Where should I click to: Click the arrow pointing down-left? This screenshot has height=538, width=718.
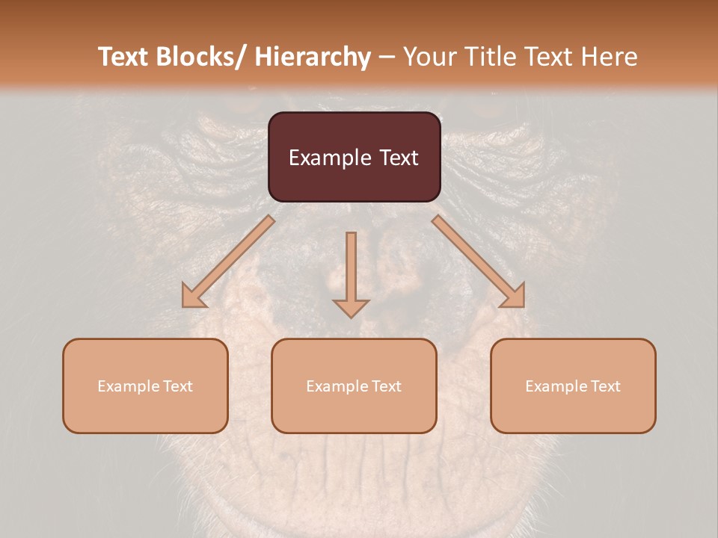[228, 262]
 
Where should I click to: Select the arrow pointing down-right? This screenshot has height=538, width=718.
[479, 262]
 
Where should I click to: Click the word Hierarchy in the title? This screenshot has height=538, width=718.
[313, 58]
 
